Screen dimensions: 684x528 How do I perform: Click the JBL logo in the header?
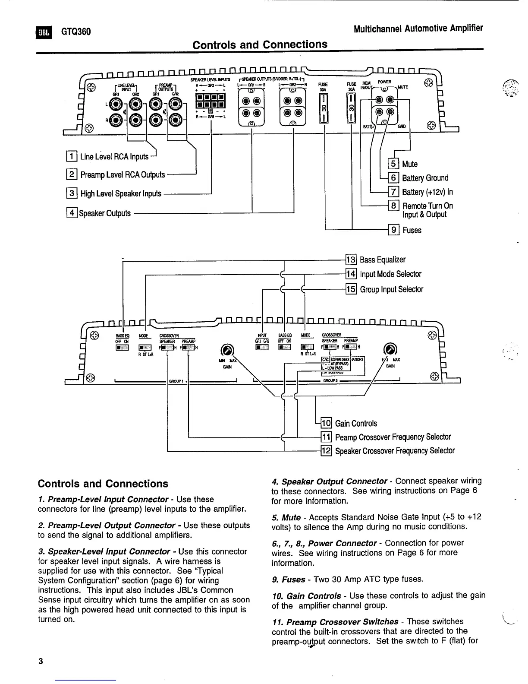click(44, 32)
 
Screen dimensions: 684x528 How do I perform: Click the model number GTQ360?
click(75, 32)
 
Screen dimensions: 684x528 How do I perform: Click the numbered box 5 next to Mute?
click(394, 164)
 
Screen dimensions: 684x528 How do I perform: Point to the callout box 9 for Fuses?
click(394, 230)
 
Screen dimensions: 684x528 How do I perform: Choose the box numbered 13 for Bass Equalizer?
click(351, 260)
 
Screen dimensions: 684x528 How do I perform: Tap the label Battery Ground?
click(425, 178)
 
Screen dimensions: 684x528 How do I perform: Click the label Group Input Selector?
click(391, 289)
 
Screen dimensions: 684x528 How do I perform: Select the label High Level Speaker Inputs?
click(121, 193)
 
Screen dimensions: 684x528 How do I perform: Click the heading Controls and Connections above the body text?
click(103, 484)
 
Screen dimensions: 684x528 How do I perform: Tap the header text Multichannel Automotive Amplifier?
click(418, 29)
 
